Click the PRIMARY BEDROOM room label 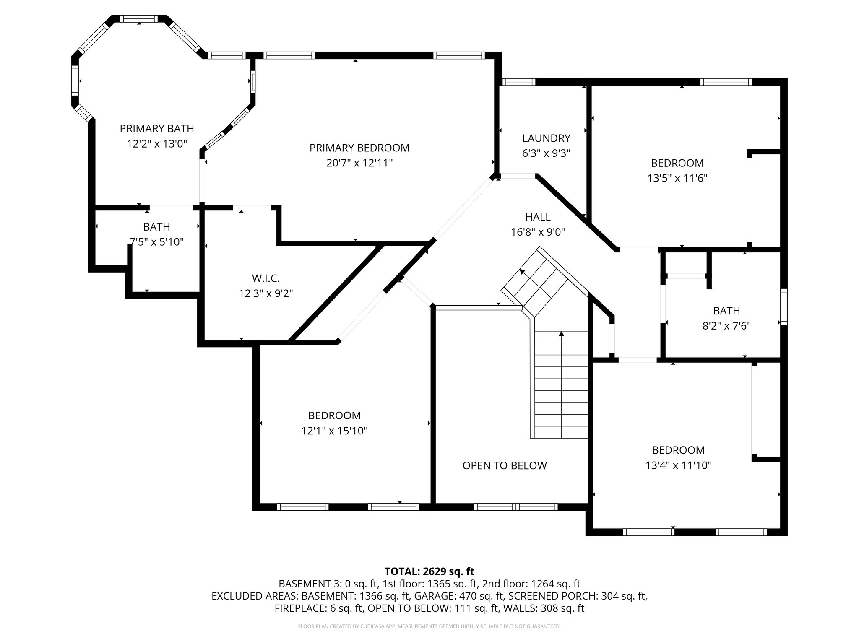(359, 148)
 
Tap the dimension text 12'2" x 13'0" (157, 144)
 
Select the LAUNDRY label (546, 138)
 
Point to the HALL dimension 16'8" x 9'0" (538, 232)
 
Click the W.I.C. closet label (266, 278)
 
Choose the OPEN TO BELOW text (505, 465)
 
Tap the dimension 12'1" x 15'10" (334, 431)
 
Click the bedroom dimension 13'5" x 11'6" (677, 178)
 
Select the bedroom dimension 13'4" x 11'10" (678, 465)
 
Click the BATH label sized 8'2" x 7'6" (726, 311)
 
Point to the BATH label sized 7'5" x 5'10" (156, 227)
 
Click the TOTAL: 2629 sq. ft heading (429, 571)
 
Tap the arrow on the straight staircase (561, 334)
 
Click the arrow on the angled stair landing (523, 272)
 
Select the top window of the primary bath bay (139, 19)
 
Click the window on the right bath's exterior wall (783, 306)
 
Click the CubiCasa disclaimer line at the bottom (429, 626)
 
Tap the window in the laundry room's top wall (518, 82)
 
